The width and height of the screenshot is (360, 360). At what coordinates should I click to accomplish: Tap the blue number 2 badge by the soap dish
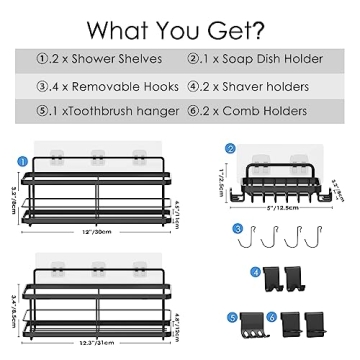pos(229,149)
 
